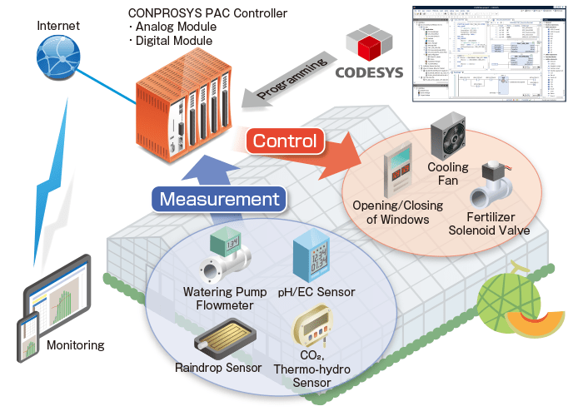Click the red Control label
[x=285, y=141]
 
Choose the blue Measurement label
[x=219, y=200]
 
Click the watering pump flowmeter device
[x=224, y=258]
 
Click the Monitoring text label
[x=76, y=345]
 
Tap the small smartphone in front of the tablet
[x=27, y=337]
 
